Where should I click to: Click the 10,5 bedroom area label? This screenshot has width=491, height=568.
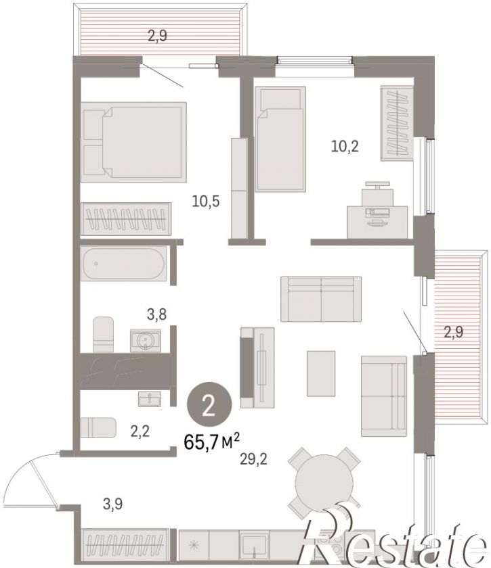(206, 201)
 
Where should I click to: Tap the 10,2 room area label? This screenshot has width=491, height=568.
(345, 146)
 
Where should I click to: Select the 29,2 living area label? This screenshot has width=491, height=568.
(253, 459)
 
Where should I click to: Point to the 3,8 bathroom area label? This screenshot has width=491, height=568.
(156, 314)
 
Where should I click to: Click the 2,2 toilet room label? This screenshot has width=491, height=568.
(140, 431)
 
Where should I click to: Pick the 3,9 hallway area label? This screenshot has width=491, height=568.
(112, 504)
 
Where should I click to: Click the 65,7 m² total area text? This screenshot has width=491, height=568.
(211, 442)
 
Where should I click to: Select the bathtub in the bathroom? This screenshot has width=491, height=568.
(123, 263)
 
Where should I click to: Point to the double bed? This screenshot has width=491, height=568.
(133, 142)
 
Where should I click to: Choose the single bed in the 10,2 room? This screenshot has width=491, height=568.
(280, 139)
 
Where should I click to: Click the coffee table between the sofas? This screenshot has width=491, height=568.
(321, 373)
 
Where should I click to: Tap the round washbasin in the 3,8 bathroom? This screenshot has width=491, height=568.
(146, 341)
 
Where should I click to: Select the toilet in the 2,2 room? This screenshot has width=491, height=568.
(98, 428)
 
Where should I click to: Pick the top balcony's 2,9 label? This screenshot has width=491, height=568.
(157, 36)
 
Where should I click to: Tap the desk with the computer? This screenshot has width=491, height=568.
(377, 222)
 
